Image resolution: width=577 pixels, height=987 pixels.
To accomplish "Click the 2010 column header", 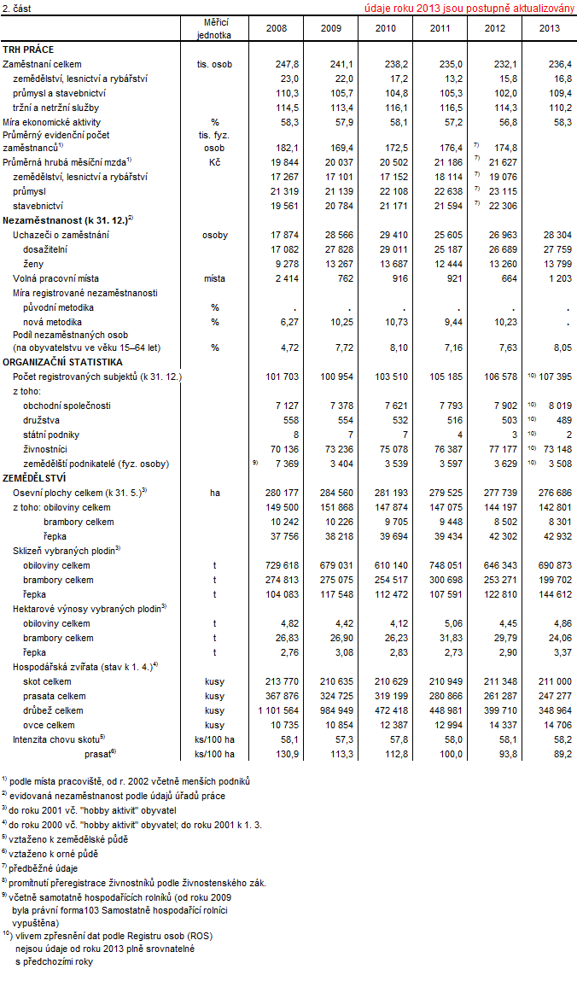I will coord(382,28).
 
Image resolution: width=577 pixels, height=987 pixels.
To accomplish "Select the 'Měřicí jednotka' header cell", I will coord(215,28).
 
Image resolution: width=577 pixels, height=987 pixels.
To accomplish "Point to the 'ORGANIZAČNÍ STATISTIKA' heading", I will coord(56,362).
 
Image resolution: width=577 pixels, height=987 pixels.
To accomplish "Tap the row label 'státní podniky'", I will coord(52,435).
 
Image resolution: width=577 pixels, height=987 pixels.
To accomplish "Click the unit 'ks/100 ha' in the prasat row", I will coord(215,754).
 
